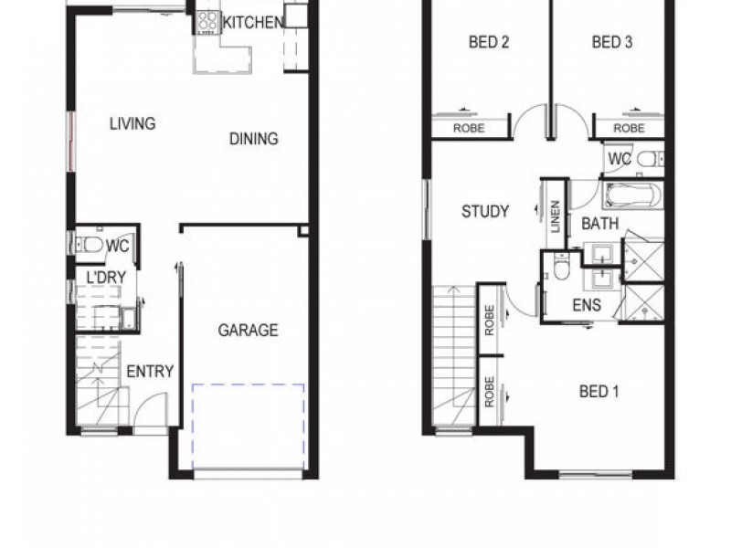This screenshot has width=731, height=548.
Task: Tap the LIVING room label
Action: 132,123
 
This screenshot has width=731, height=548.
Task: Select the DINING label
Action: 253,139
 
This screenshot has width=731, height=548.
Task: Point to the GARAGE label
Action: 248,331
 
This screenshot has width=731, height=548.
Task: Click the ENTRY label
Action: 150,372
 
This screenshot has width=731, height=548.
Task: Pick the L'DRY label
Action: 106,276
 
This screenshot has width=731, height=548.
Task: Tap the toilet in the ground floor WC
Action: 89,244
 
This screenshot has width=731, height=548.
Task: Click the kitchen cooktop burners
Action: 207,22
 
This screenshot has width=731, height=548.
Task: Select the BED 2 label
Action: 489,42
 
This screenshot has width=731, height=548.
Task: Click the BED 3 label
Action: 612,42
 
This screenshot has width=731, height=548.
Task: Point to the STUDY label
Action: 485,212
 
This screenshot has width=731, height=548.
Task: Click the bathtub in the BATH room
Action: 632,195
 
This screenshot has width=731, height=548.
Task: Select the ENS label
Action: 587,305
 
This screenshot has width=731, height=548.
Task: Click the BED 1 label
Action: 599,392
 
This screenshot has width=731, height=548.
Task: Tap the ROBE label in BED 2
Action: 469,129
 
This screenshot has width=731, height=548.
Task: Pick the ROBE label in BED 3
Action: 629,129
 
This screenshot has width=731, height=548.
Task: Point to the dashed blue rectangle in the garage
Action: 248,427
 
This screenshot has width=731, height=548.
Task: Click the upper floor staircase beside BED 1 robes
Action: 453,356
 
